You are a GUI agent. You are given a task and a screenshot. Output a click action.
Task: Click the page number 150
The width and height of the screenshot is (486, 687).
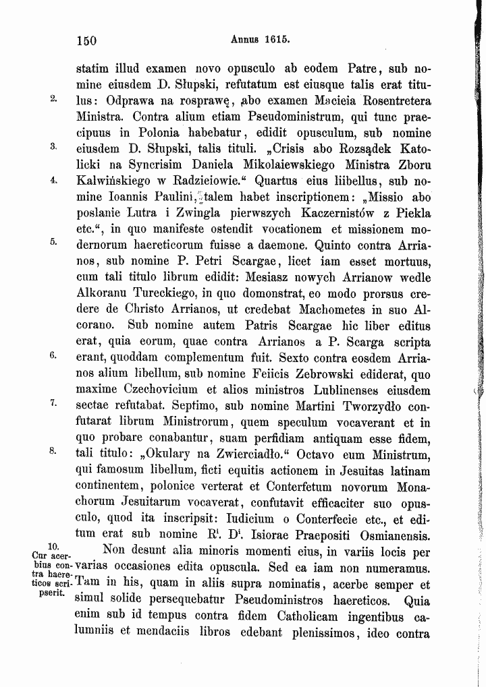click(86, 40)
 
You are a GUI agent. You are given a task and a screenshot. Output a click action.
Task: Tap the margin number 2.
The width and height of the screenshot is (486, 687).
click(53, 98)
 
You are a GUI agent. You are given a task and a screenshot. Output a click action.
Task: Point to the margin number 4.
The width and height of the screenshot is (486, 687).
click(53, 180)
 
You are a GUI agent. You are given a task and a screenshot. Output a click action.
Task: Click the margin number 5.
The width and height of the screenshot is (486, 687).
click(53, 242)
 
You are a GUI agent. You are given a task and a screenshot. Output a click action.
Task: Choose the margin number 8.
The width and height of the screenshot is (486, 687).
click(53, 452)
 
